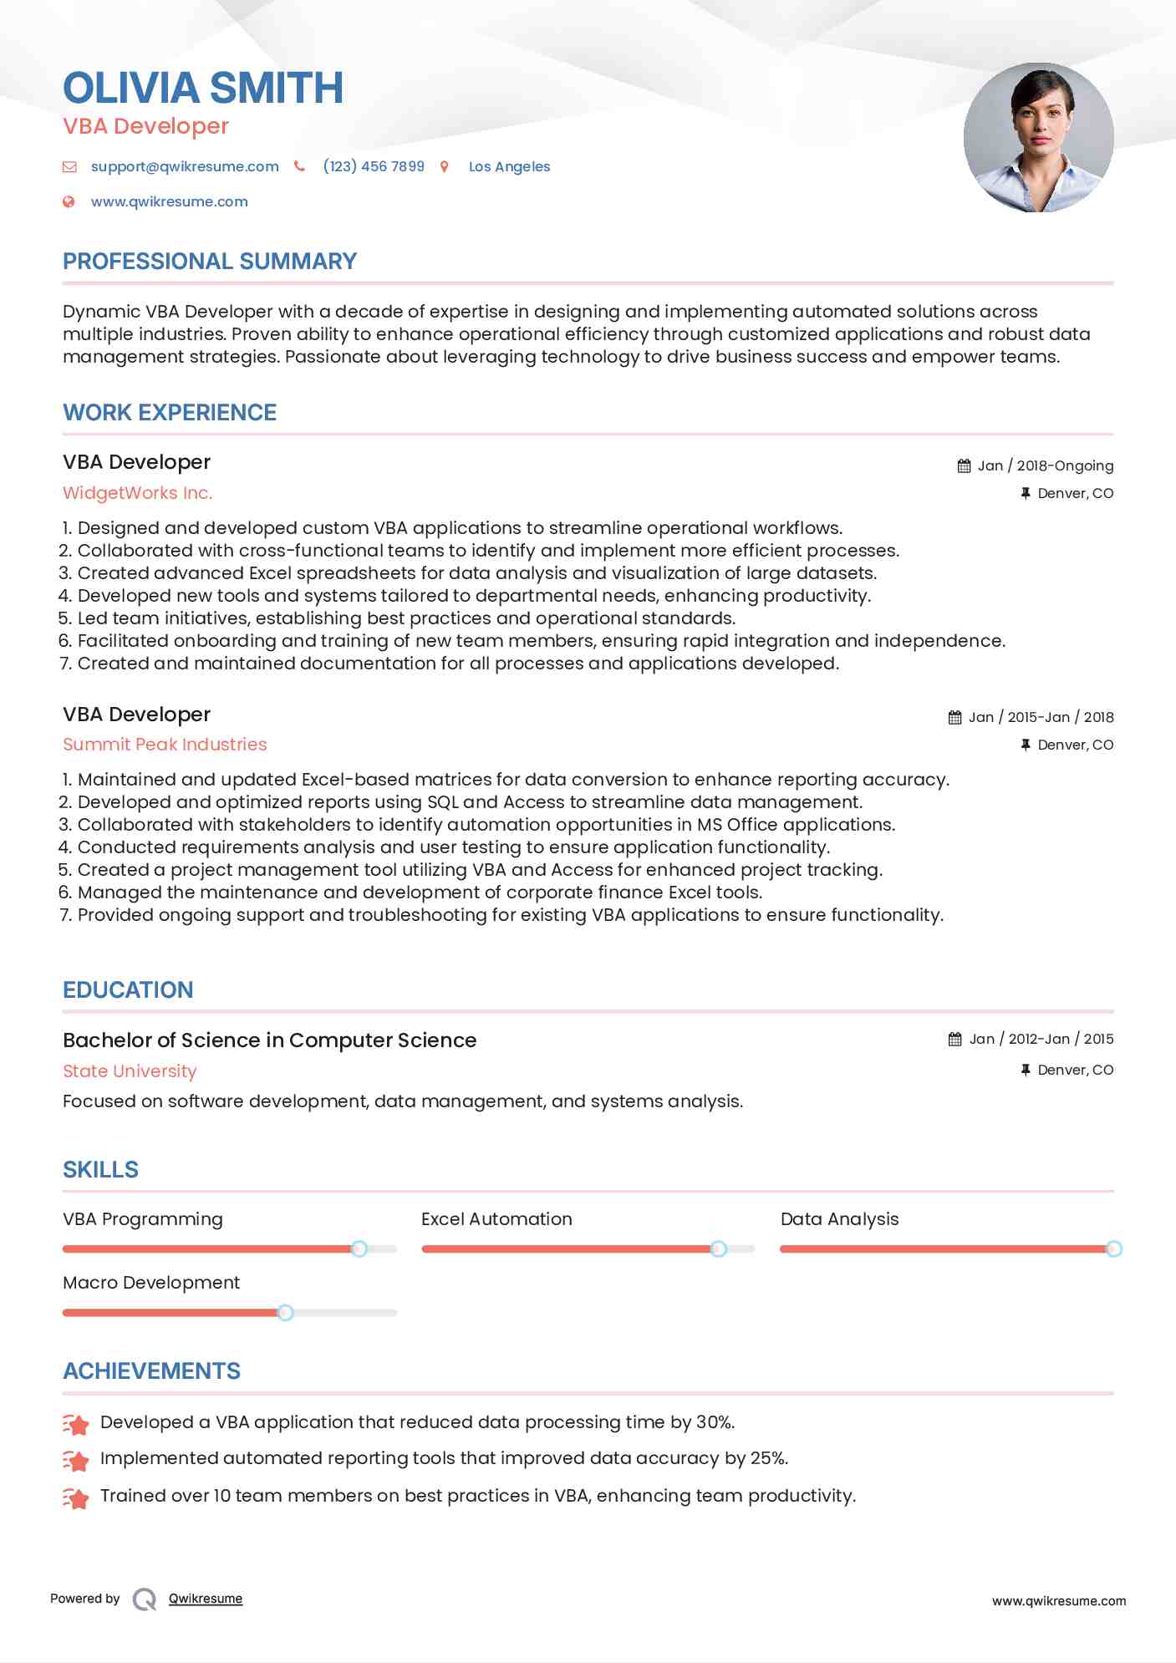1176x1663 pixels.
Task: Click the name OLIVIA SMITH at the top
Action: pyautogui.click(x=203, y=88)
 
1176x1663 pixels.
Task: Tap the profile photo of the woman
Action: pyautogui.click(x=1038, y=138)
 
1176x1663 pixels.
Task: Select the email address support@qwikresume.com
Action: pyautogui.click(x=185, y=166)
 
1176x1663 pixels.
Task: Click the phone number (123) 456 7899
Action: pyautogui.click(x=374, y=166)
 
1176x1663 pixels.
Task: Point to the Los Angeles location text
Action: pyautogui.click(x=509, y=166)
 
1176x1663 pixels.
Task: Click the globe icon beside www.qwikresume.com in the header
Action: pyautogui.click(x=69, y=201)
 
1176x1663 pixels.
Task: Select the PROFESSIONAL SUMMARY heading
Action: pyautogui.click(x=210, y=262)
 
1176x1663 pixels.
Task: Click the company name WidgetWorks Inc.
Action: pyautogui.click(x=138, y=493)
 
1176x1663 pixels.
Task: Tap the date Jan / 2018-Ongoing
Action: pyautogui.click(x=1045, y=465)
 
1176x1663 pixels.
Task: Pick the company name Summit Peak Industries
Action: pyautogui.click(x=165, y=745)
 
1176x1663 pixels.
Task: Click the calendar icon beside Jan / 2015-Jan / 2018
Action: pyautogui.click(x=955, y=717)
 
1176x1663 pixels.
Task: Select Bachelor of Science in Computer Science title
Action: pyautogui.click(x=269, y=1040)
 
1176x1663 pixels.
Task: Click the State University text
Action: pyautogui.click(x=130, y=1071)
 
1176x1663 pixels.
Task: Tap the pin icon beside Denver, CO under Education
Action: pyautogui.click(x=1026, y=1070)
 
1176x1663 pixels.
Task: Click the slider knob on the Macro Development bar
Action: pyautogui.click(x=285, y=1313)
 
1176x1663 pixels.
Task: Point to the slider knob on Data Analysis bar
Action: pyautogui.click(x=1113, y=1249)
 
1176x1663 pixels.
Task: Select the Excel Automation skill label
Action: pyautogui.click(x=496, y=1219)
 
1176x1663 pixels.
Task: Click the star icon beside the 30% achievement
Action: pyautogui.click(x=76, y=1423)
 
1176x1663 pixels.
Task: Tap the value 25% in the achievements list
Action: pyautogui.click(x=767, y=1458)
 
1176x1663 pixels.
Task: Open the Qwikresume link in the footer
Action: pyautogui.click(x=206, y=1599)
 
